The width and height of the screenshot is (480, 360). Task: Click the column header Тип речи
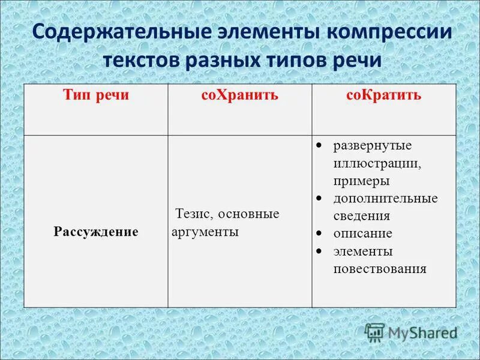click(96, 96)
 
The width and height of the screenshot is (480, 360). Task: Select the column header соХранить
click(239, 96)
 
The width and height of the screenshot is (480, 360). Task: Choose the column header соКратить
click(384, 96)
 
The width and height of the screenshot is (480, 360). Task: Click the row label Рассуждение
click(96, 231)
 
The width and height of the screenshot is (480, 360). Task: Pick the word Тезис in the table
click(193, 214)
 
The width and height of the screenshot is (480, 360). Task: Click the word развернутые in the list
click(373, 146)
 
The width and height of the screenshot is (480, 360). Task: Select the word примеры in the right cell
click(362, 181)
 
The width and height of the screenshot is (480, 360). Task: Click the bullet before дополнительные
click(320, 197)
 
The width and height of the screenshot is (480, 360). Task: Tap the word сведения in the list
click(362, 216)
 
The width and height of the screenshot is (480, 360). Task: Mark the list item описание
click(363, 233)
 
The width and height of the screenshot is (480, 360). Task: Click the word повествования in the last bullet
click(380, 268)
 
